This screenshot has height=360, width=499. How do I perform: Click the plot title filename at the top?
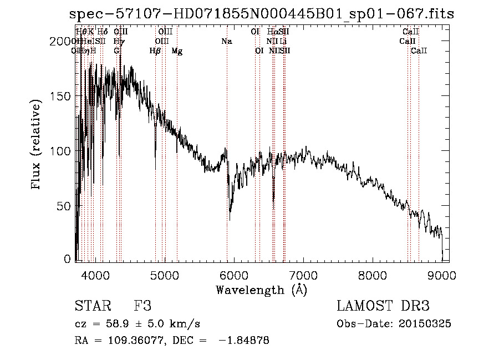(x=262, y=14)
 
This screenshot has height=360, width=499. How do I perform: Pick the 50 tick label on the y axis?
(x=65, y=206)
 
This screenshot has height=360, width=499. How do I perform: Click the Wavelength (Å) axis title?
(x=261, y=290)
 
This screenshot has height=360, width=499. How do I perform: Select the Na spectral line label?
(x=226, y=42)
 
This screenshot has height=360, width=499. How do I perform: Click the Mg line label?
(x=177, y=51)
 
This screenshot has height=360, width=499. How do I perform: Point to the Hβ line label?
(x=155, y=51)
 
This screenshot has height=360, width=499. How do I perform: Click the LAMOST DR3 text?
(x=383, y=306)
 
